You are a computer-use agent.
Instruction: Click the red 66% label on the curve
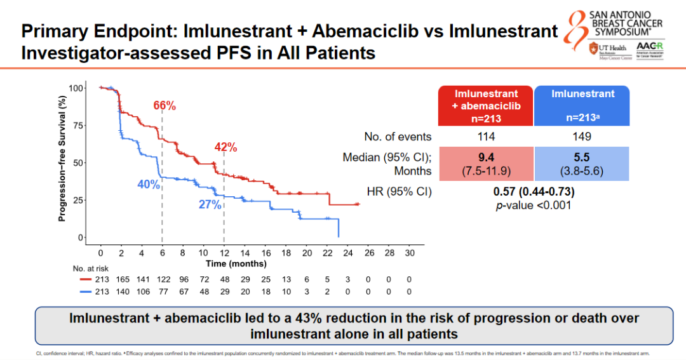tap(165, 105)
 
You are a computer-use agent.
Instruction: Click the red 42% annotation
tap(225, 147)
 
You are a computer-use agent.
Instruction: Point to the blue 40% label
tap(148, 184)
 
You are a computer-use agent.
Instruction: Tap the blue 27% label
tap(209, 204)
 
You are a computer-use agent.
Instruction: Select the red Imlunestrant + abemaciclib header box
tap(486, 106)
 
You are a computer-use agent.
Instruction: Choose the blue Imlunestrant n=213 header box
tap(582, 106)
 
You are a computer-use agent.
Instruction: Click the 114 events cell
tap(486, 137)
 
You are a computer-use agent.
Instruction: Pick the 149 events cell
tap(582, 137)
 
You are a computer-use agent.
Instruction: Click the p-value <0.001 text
tap(534, 205)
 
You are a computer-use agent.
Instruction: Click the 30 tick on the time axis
tap(410, 253)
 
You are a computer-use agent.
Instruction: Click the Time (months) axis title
tap(236, 263)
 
